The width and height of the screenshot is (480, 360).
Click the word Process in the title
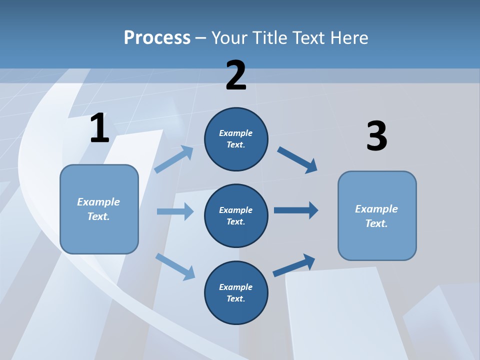(x=157, y=38)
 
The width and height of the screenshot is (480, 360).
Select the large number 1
(x=99, y=128)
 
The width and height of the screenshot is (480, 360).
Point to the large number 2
(x=236, y=75)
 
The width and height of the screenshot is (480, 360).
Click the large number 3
(x=376, y=136)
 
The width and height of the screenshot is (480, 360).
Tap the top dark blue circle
(x=236, y=139)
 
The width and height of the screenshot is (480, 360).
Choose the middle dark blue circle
(x=236, y=215)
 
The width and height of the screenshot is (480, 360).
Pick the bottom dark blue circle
(x=236, y=292)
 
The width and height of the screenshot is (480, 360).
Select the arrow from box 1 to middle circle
(x=175, y=211)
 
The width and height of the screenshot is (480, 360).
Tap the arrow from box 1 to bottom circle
(x=175, y=266)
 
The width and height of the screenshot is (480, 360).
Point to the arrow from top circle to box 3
(x=297, y=159)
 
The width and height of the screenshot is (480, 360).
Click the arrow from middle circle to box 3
(x=296, y=210)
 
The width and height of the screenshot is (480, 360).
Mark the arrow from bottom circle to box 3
(x=294, y=265)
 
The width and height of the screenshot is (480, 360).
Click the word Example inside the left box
(x=98, y=202)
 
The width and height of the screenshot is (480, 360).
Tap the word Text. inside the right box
(x=376, y=223)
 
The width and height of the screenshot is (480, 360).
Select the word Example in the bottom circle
(x=235, y=287)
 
